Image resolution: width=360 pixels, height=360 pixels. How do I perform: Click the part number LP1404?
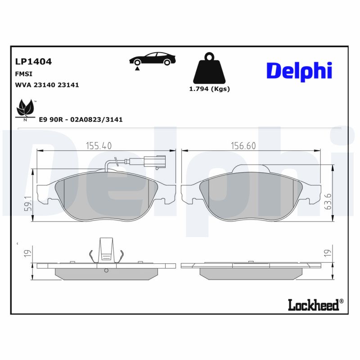[x=33, y=62]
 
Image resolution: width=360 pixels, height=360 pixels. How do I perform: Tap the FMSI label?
[x=23, y=73]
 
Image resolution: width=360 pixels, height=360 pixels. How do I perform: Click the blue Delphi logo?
[x=299, y=71]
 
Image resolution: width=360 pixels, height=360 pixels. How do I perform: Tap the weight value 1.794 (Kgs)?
[x=209, y=89]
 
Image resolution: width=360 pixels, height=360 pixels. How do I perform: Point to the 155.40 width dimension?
[x=99, y=145]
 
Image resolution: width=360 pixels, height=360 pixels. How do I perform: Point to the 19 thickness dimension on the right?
[x=328, y=253]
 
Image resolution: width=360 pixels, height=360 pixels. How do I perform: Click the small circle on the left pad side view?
[x=107, y=270]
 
